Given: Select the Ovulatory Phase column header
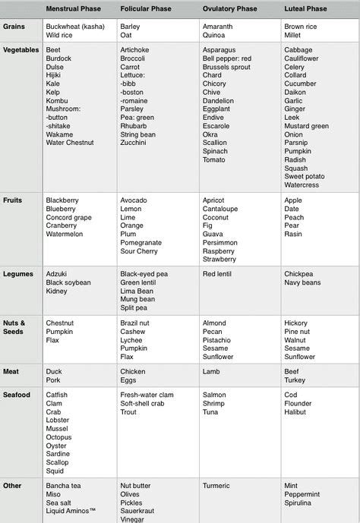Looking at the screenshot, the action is click(234, 8).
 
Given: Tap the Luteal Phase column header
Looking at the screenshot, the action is click(305, 8).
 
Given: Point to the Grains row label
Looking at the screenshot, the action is click(14, 26).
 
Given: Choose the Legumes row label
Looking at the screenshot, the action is click(18, 273).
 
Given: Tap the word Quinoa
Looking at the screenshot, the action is click(214, 35).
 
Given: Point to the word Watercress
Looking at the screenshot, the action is click(302, 184).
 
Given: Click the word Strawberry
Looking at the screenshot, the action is click(219, 259).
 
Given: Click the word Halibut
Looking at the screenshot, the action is click(295, 412).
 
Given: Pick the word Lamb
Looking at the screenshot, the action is click(212, 372).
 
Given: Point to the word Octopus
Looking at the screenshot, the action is click(59, 438).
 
